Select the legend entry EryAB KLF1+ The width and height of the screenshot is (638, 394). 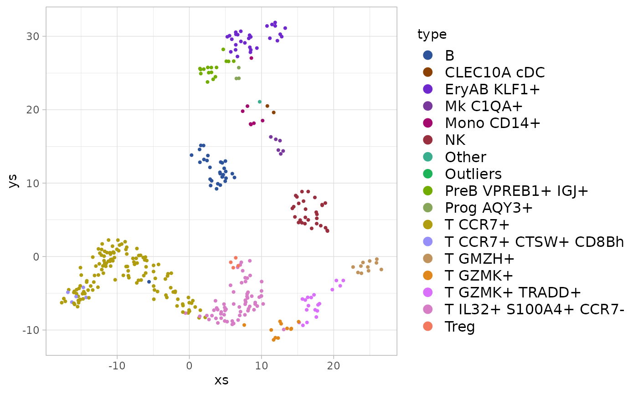click(x=492, y=90)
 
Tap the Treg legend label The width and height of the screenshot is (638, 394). click(x=460, y=327)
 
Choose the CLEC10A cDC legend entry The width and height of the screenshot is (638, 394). click(x=494, y=73)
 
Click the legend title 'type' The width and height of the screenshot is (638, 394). click(x=432, y=35)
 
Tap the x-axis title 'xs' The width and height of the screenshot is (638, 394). click(x=221, y=380)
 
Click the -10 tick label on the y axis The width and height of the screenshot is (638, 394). click(x=31, y=330)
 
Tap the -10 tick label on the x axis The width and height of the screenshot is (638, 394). click(x=117, y=366)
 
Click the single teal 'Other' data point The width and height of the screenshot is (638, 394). click(x=260, y=102)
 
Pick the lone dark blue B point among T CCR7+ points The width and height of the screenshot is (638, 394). click(x=149, y=282)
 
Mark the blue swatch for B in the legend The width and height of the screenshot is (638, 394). click(x=427, y=56)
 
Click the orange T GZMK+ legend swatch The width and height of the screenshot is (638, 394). click(x=427, y=276)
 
